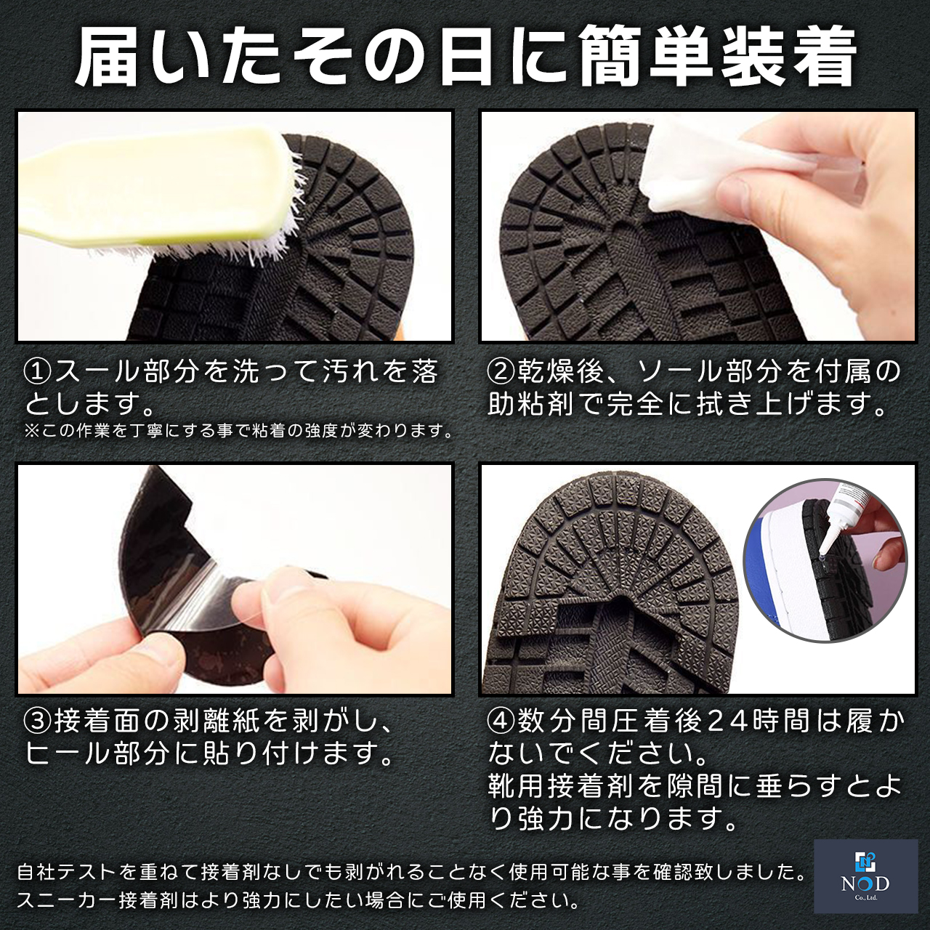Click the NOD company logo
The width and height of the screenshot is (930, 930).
pyautogui.click(x=865, y=876)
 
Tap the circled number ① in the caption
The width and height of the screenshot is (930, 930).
pyautogui.click(x=38, y=372)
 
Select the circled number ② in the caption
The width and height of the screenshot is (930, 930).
pyautogui.click(x=501, y=372)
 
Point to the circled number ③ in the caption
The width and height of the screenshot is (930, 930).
pyautogui.click(x=38, y=721)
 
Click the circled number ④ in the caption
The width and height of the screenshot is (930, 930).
pyautogui.click(x=501, y=721)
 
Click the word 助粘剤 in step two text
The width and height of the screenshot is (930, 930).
pyautogui.click(x=530, y=404)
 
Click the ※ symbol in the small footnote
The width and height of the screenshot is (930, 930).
pyautogui.click(x=31, y=431)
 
